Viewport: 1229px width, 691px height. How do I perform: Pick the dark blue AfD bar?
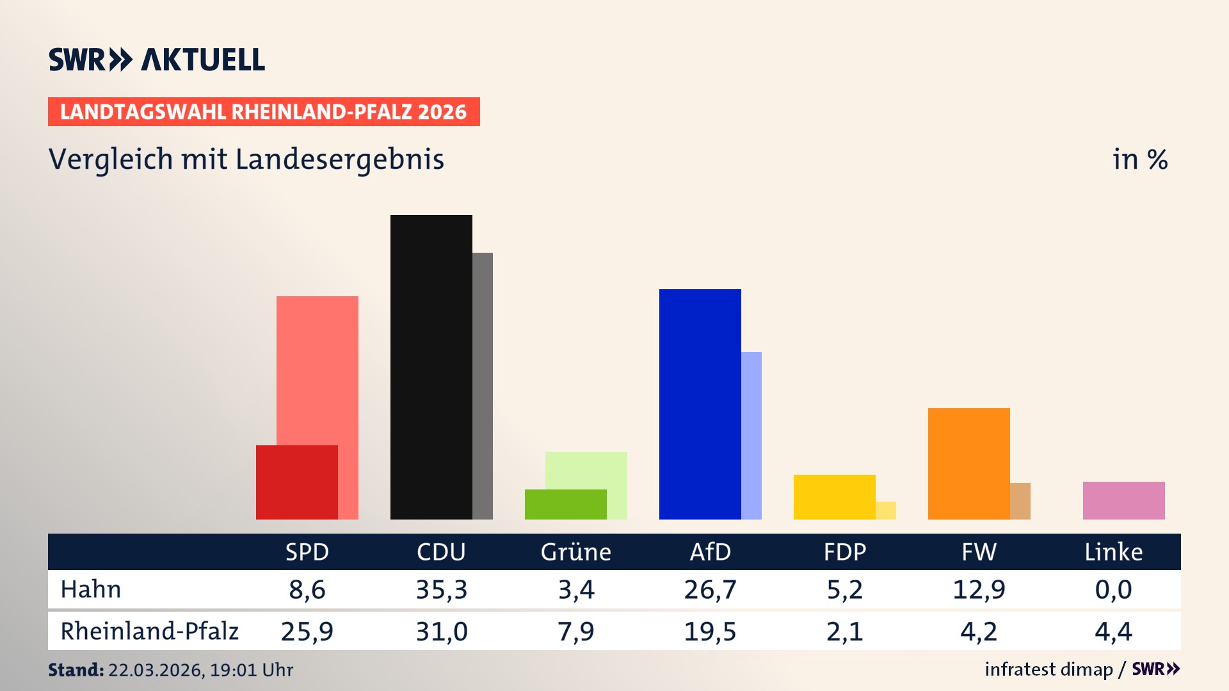tap(700, 404)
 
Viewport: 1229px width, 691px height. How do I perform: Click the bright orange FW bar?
tap(968, 463)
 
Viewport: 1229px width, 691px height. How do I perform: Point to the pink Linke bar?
tap(1123, 500)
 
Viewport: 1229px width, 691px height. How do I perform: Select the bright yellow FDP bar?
tap(834, 496)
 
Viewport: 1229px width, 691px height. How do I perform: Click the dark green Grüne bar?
tap(565, 504)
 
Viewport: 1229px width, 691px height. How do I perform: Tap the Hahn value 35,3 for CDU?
tap(442, 589)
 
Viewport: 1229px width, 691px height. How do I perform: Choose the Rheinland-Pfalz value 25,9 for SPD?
tap(307, 631)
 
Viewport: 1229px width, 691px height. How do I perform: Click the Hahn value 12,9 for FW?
tap(979, 589)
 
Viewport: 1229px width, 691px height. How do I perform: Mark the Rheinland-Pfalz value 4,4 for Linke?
tap(1113, 631)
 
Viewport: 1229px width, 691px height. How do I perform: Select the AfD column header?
tap(710, 552)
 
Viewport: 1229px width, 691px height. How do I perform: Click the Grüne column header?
tap(575, 552)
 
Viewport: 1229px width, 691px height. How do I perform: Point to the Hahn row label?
tap(91, 589)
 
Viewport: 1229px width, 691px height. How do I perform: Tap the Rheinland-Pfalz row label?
tap(149, 631)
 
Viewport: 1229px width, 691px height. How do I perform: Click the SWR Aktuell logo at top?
tap(157, 60)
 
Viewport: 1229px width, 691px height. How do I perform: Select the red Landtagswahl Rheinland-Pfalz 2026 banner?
tap(264, 112)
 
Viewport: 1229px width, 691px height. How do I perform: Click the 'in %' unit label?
tap(1139, 160)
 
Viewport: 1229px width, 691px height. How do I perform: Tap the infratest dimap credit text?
tap(1048, 669)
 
